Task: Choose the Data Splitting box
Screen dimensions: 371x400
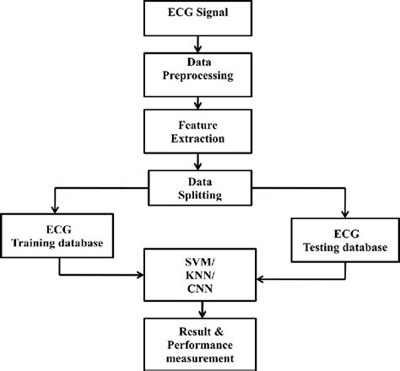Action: (197, 185)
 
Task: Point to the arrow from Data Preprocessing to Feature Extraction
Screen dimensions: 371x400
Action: (197, 101)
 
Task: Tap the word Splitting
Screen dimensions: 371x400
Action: (197, 193)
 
